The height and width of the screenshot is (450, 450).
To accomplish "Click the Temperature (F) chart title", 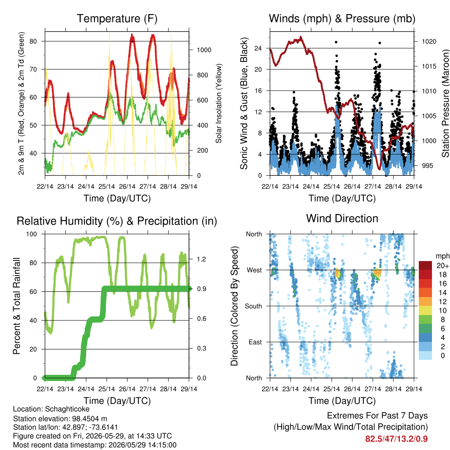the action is tap(117, 18).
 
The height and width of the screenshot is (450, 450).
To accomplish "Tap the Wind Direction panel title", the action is tap(342, 218).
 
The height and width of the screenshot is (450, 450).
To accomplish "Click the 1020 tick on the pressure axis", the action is tap(429, 42).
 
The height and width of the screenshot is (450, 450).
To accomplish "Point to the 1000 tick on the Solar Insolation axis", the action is tap(204, 50).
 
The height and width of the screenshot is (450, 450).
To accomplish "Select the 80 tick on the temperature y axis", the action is tap(33, 41).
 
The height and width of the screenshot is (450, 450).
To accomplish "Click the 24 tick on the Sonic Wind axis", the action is tap(258, 48).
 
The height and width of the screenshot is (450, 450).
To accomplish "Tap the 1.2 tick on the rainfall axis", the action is tap(201, 259).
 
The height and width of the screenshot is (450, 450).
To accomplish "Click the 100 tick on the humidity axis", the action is tap(32, 234).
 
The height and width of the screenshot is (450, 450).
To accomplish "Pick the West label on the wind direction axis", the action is tap(254, 270).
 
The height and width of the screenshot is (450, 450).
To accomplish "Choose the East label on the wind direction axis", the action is tap(255, 342).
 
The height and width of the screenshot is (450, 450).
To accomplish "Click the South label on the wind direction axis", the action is tap(254, 306).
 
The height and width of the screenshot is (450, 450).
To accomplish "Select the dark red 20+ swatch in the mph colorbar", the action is tap(425, 265).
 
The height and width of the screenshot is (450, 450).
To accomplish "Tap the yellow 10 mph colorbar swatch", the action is tap(425, 311).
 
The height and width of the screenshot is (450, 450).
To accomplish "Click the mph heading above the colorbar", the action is tap(443, 256).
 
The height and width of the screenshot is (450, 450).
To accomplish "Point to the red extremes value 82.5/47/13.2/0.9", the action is tap(396, 439).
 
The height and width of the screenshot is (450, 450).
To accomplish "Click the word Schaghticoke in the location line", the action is tap(67, 409).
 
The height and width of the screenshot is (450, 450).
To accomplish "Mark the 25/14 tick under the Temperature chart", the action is tap(106, 186).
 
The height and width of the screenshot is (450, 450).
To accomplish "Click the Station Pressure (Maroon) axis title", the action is tap(446, 103).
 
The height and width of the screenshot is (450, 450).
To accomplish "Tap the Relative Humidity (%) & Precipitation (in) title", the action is tap(117, 221).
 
